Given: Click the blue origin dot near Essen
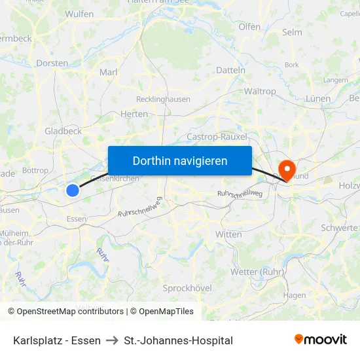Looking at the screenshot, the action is click(x=73, y=190).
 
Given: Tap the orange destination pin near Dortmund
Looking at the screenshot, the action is click(x=287, y=170).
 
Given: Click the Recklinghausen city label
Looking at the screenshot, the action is click(x=163, y=99).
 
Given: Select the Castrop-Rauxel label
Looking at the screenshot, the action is click(x=217, y=137).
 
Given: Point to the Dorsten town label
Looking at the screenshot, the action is click(x=52, y=63).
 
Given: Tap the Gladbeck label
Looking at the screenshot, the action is click(x=63, y=131).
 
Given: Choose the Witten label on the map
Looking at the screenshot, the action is click(x=228, y=234).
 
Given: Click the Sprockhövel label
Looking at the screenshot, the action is click(x=187, y=288).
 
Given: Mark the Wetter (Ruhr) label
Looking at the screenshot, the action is click(x=257, y=272).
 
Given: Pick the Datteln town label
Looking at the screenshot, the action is click(x=230, y=70).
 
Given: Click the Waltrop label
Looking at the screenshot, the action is click(x=260, y=92).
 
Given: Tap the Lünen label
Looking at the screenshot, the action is click(x=318, y=99).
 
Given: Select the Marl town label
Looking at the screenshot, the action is click(x=107, y=72).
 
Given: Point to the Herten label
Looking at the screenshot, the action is click(x=134, y=114).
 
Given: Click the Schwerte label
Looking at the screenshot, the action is click(x=339, y=228).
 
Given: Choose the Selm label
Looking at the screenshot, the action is click(x=291, y=32).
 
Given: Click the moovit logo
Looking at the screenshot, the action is click(x=320, y=340).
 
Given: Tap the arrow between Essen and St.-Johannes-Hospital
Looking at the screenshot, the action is click(x=113, y=340).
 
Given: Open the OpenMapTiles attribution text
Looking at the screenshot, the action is click(x=162, y=312).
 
